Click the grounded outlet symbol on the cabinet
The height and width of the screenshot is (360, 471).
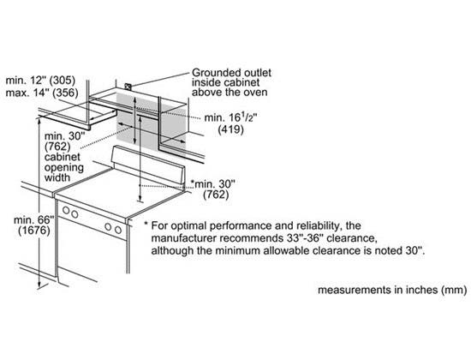[x=128, y=87]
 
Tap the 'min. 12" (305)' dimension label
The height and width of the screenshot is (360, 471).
[x=40, y=81]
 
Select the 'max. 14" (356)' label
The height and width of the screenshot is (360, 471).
[x=42, y=93]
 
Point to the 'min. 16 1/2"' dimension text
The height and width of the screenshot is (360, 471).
[x=230, y=117]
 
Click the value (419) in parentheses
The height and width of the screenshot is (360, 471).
[x=230, y=129]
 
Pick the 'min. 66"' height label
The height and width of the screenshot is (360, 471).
[x=34, y=219]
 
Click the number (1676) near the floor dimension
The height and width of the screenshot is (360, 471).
[x=34, y=231]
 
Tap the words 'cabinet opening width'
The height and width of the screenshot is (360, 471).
[x=63, y=167]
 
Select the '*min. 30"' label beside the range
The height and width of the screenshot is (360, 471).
[x=213, y=183]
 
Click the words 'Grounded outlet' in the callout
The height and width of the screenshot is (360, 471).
[x=231, y=73]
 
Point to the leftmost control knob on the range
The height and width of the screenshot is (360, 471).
[x=66, y=211]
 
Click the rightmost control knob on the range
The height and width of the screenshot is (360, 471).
[x=118, y=230]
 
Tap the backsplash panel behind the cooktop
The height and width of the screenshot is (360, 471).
[x=147, y=165]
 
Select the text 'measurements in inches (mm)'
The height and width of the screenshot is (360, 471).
[x=392, y=290]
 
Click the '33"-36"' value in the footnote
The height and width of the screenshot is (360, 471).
[x=303, y=238]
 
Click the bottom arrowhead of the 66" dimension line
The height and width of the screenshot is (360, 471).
[x=39, y=285]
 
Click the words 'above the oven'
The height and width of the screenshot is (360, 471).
[x=230, y=92]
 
